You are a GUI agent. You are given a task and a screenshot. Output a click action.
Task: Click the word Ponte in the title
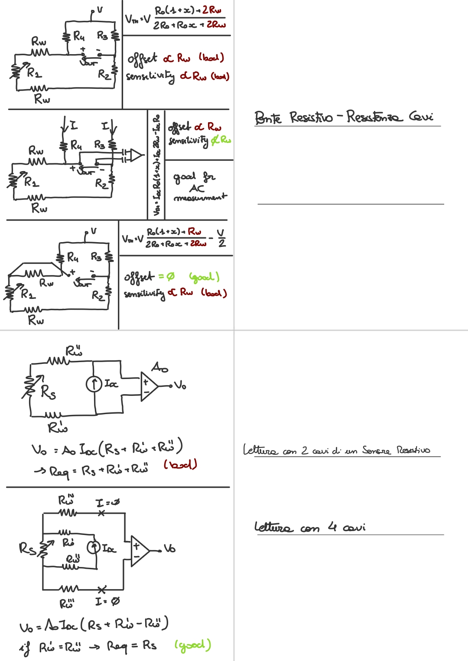click(267, 117)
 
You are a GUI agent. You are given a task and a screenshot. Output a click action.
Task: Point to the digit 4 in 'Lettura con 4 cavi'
click(332, 527)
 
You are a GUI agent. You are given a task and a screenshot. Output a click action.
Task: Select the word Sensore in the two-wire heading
click(376, 450)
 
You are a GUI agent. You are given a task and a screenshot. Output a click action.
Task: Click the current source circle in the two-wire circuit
click(94, 384)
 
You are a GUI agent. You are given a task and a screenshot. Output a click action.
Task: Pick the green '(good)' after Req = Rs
click(192, 645)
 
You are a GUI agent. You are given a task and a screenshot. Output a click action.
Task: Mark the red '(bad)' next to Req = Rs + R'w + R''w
click(180, 464)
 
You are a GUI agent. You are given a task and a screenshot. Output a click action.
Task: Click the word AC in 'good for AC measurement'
click(197, 188)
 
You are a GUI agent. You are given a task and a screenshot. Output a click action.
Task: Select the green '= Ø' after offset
click(166, 276)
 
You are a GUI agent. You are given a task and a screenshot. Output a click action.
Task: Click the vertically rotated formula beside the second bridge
click(156, 165)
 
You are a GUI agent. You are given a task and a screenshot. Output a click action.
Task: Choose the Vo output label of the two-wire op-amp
click(180, 385)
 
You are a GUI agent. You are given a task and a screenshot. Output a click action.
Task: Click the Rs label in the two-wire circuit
click(48, 392)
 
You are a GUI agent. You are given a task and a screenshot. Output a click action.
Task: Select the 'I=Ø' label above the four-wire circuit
click(107, 503)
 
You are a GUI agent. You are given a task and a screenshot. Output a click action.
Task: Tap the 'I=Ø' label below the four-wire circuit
click(107, 601)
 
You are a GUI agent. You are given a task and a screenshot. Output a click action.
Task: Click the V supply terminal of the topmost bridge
click(98, 10)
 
